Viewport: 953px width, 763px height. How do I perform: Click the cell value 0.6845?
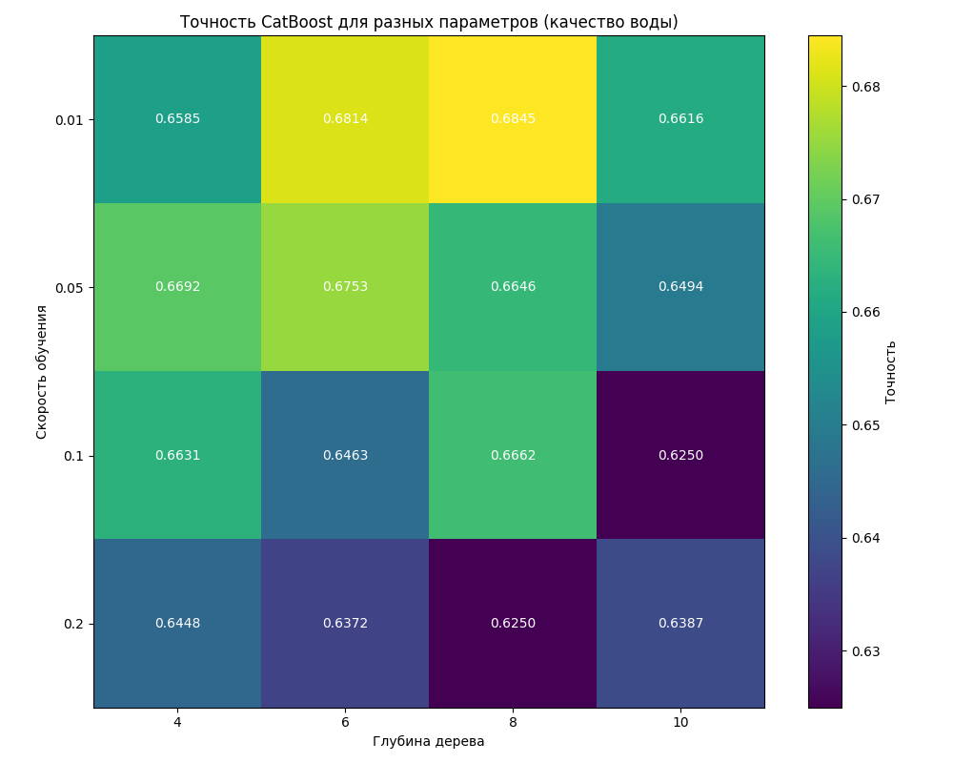click(x=513, y=119)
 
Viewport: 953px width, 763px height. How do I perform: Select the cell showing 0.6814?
click(x=345, y=119)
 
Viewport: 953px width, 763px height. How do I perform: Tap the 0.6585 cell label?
click(x=177, y=119)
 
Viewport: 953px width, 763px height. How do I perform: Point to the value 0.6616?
click(x=680, y=119)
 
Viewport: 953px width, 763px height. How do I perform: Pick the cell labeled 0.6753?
click(x=345, y=287)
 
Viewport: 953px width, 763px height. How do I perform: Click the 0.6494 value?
click(x=680, y=287)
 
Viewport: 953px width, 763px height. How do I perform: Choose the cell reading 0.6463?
click(x=345, y=456)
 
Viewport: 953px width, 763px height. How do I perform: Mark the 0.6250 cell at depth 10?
click(x=680, y=456)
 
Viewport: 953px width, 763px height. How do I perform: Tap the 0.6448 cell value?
click(x=177, y=624)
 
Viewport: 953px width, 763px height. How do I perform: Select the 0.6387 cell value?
click(x=680, y=624)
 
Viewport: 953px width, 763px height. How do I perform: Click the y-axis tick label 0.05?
click(x=71, y=288)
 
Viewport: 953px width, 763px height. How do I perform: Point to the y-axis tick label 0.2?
click(x=74, y=624)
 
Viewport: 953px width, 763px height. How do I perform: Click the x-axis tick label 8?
click(x=513, y=723)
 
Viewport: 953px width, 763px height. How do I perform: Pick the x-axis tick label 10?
click(x=680, y=723)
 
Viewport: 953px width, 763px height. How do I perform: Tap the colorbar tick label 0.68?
click(x=865, y=87)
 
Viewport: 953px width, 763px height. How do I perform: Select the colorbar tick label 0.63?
click(x=865, y=651)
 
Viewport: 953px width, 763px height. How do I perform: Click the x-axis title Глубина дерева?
click(x=429, y=742)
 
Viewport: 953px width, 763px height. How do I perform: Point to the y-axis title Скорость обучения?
click(x=42, y=372)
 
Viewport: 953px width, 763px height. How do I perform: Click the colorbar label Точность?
click(x=891, y=372)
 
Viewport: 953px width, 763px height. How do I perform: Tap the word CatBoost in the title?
click(x=295, y=22)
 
